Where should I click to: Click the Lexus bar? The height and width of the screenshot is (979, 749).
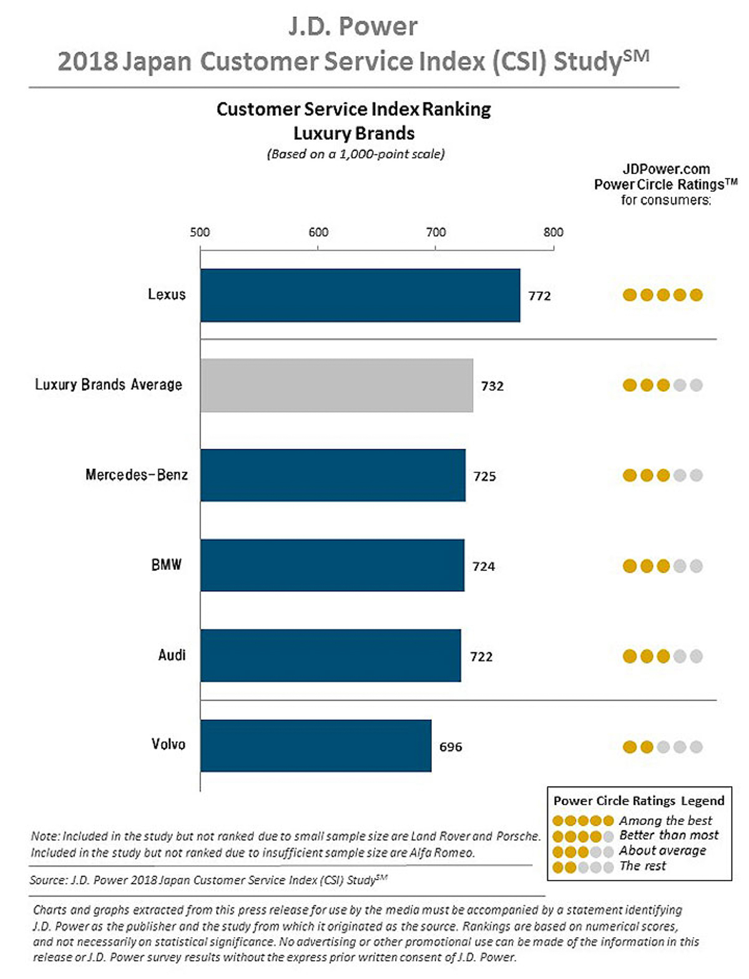click(x=360, y=296)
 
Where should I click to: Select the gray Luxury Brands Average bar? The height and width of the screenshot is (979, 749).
click(x=336, y=385)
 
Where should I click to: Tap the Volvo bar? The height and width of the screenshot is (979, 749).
click(x=316, y=746)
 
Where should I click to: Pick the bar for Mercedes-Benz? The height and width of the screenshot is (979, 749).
click(x=333, y=475)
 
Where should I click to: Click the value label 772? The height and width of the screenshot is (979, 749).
click(x=539, y=296)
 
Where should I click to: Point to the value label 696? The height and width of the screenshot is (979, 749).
click(x=451, y=747)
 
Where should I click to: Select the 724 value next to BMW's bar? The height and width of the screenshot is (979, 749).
click(x=484, y=567)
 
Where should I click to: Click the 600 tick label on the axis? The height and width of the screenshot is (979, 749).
click(x=318, y=232)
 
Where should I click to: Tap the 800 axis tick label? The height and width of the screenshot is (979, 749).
click(x=553, y=232)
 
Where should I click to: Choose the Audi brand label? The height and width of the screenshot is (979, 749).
click(x=172, y=655)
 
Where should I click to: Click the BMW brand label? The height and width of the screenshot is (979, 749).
click(x=166, y=565)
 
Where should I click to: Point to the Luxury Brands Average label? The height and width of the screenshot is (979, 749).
click(x=109, y=385)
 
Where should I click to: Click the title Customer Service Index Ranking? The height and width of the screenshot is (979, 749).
click(x=353, y=109)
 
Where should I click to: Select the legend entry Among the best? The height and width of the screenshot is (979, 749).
click(x=665, y=820)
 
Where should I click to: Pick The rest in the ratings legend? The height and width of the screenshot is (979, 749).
click(x=642, y=866)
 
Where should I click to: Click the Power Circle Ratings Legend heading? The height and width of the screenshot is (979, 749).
click(x=639, y=801)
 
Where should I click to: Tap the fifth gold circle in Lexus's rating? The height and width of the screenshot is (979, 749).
click(x=697, y=295)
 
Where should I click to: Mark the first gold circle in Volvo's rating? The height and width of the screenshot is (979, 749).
click(x=630, y=747)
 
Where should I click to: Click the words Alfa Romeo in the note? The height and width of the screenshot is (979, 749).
click(x=441, y=853)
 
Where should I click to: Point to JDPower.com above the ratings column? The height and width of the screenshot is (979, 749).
click(x=666, y=169)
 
